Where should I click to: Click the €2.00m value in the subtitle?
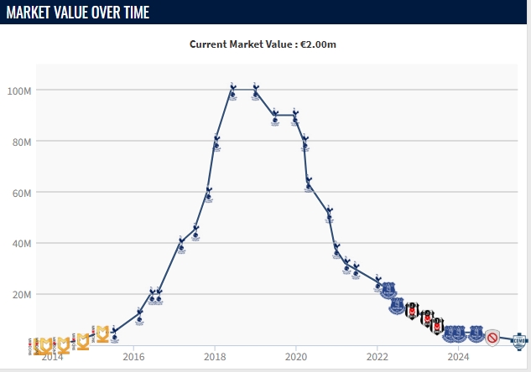(329, 44)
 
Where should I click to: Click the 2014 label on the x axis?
(52, 356)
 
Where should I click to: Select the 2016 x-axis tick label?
(133, 356)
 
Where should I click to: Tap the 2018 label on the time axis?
(215, 356)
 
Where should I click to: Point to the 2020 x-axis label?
(296, 356)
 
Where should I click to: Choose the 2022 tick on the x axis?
(377, 356)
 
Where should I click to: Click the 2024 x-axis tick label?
(459, 356)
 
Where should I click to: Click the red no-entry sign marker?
(493, 338)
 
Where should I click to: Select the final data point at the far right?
(519, 340)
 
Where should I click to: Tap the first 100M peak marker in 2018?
(232, 90)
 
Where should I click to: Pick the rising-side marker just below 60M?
(208, 195)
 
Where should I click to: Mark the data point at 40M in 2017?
(181, 245)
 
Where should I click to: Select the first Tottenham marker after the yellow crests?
(114, 334)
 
